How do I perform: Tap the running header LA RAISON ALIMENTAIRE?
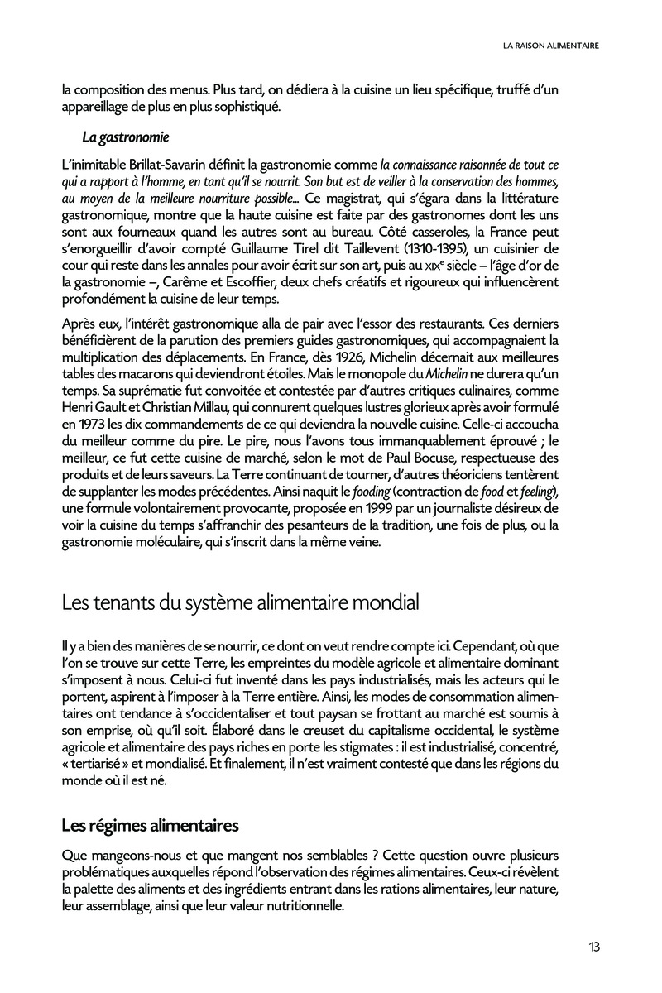551,46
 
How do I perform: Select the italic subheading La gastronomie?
125,137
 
